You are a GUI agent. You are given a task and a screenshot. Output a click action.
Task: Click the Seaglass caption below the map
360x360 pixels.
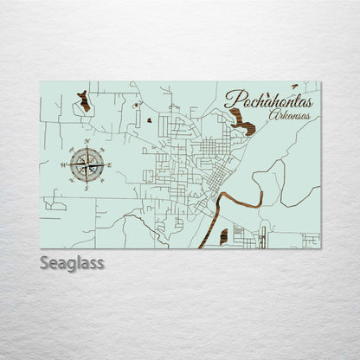[x=72, y=262]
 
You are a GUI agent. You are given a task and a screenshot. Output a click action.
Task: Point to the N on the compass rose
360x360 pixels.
[x=87, y=140]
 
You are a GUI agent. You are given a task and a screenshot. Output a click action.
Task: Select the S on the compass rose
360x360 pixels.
[x=87, y=187]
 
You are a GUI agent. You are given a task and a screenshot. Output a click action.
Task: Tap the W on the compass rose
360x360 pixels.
[x=63, y=164]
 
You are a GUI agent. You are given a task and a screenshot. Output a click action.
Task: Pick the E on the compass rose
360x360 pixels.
[x=108, y=164]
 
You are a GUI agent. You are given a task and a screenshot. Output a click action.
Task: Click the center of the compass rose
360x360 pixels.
[x=87, y=163]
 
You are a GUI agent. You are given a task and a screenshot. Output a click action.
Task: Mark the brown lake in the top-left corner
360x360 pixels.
[x=84, y=102]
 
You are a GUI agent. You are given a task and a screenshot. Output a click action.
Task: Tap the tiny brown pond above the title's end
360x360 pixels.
[x=294, y=87]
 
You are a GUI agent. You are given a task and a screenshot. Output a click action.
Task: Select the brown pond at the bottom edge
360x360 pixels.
[x=223, y=236]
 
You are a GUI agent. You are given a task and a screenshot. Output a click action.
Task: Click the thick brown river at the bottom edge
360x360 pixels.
[x=208, y=234]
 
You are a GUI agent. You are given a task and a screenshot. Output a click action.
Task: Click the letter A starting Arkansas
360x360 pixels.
[x=272, y=115]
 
